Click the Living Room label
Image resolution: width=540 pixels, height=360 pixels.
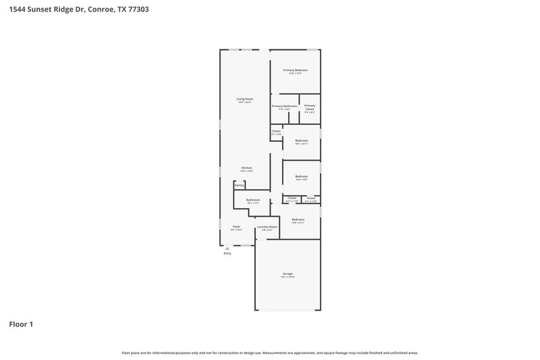244,99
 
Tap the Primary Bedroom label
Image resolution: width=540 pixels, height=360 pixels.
295,70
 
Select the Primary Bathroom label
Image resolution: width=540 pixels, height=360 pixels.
284,106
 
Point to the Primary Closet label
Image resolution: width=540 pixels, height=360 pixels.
309,107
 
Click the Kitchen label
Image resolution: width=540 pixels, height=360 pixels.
247,168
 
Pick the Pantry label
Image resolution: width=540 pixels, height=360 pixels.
239,184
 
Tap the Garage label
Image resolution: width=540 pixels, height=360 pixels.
288,274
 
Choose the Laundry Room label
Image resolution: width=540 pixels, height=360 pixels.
267,227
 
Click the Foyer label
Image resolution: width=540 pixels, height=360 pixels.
236,226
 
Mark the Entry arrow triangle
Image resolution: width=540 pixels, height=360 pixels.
227,248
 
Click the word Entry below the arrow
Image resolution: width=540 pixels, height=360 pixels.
227,253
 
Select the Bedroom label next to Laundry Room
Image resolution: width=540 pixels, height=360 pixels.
298,220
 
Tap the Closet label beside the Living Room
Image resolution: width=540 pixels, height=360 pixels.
276,131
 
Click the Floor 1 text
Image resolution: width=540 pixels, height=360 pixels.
21,324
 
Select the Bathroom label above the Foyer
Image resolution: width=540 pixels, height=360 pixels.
253,200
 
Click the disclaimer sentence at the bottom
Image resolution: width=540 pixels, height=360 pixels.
270,353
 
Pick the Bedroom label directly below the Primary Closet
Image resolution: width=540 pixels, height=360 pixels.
301,140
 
